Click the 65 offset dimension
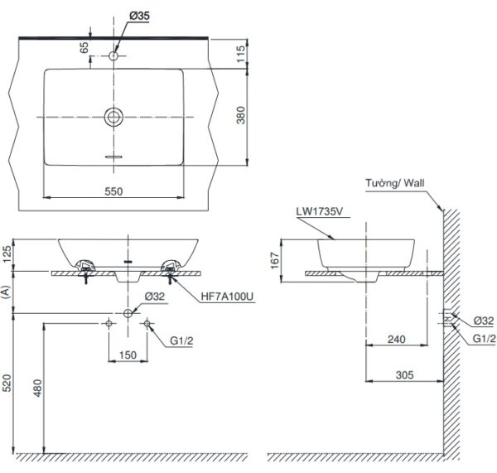[x=84, y=48]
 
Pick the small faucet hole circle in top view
[x=114, y=56]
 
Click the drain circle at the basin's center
[x=114, y=117]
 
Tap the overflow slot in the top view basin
[x=114, y=155]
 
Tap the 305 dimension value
[x=403, y=375]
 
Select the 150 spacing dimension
[x=128, y=355]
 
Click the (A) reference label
[x=7, y=292]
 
